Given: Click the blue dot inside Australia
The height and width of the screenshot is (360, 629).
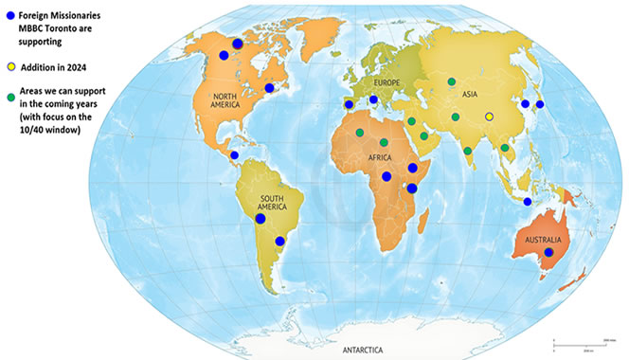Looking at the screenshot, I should coord(548,252).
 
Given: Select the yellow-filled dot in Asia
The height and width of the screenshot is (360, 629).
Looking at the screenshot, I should coord(489,117).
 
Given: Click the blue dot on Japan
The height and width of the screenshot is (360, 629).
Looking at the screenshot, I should coord(540,104).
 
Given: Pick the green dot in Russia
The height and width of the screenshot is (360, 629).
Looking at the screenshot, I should coord(451,81).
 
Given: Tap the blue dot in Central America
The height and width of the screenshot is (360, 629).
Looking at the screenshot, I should coord(234,155).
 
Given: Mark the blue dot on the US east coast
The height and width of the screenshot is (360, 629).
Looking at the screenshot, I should coord(270,88).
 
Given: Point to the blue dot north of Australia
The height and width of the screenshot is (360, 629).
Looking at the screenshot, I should coord(528,202).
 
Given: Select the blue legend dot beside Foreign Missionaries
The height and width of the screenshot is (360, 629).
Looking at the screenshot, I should coord(9,16).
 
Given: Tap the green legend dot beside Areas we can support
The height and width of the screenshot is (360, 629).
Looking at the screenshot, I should coord(9,95).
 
